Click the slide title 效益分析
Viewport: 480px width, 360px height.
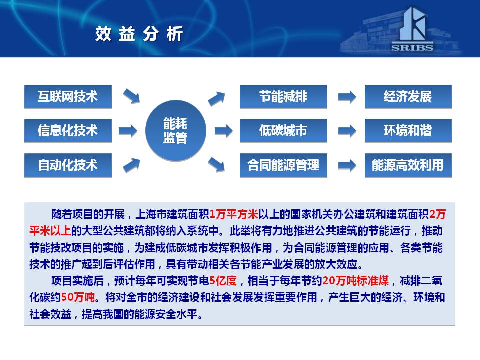(x=139, y=33)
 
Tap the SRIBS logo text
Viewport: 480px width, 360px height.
(x=412, y=48)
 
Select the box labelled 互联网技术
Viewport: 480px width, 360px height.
(x=68, y=96)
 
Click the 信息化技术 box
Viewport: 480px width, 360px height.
(x=68, y=131)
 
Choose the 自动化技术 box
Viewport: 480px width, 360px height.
(x=68, y=165)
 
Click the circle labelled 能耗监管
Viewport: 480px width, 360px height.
(x=175, y=131)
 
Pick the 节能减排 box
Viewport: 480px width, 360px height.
(x=283, y=96)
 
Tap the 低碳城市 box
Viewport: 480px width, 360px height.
(x=283, y=131)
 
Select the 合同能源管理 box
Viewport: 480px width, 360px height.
(x=283, y=165)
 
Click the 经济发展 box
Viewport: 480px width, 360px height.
(x=408, y=96)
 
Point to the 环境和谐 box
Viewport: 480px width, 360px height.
(x=408, y=131)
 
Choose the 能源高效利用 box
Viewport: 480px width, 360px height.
(x=408, y=165)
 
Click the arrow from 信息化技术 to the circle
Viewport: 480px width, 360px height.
(x=128, y=131)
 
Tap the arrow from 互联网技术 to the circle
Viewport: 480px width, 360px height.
(x=131, y=96)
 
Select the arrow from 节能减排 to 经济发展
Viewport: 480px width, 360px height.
(x=347, y=97)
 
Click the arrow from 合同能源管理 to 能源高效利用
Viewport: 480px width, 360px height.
(x=347, y=165)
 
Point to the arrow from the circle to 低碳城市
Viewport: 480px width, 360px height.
(x=224, y=131)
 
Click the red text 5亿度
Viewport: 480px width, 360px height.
(x=223, y=280)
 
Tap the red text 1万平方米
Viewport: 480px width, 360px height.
(x=234, y=214)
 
